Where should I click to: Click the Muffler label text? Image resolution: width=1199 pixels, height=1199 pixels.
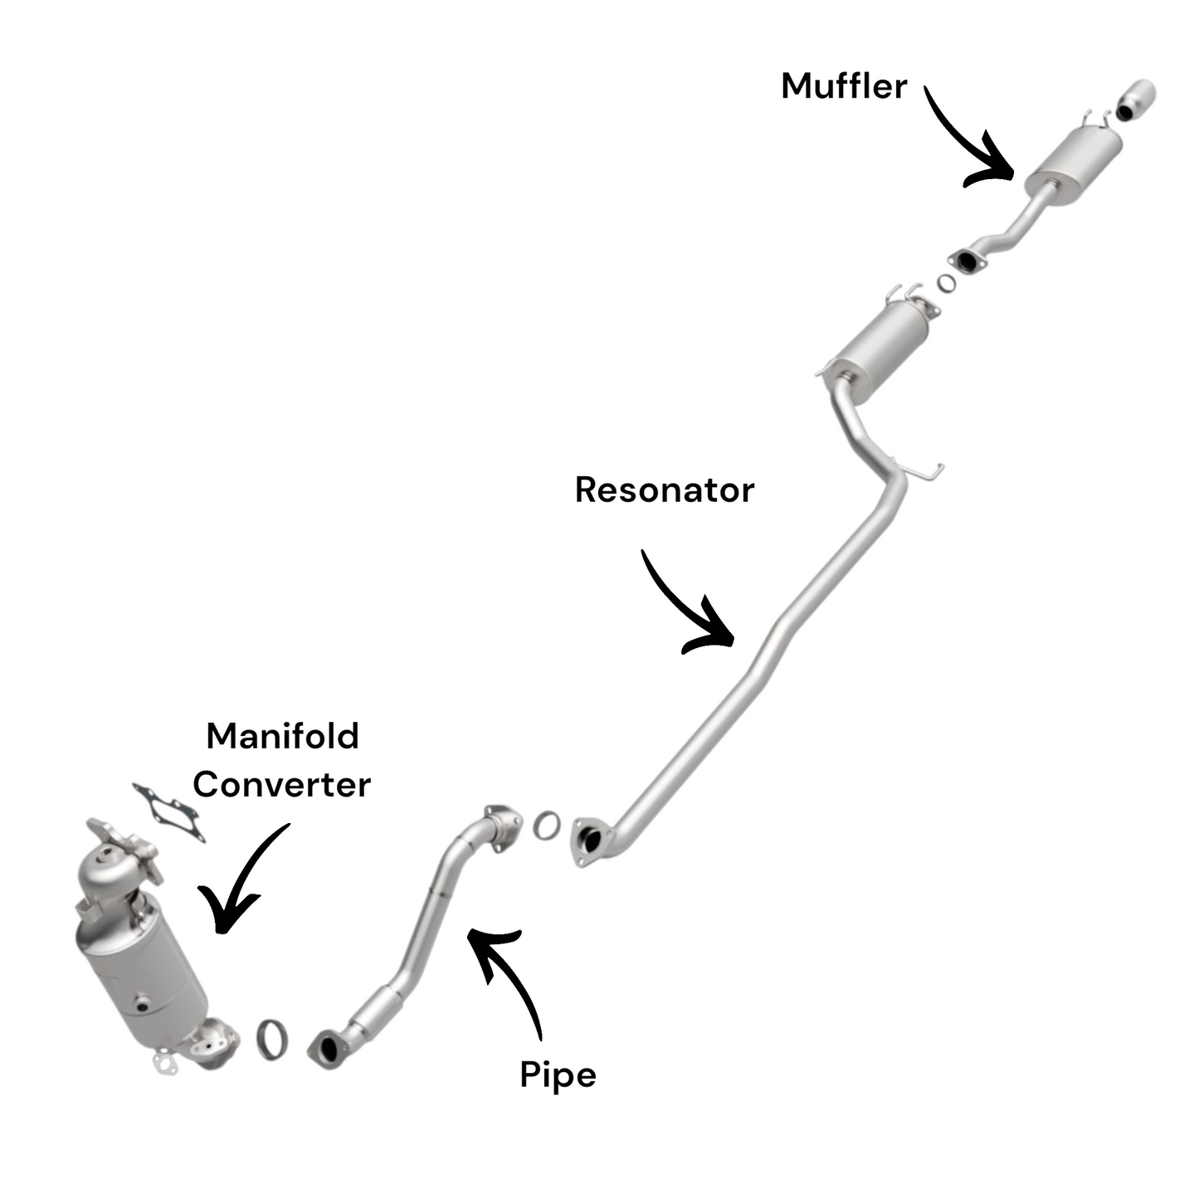coord(844,86)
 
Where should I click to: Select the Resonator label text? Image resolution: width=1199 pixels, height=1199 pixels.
coord(664,490)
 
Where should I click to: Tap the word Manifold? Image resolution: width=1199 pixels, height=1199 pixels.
coord(282,736)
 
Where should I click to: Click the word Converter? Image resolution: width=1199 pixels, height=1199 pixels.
coord(282,784)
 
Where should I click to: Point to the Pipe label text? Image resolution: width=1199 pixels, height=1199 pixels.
coord(558,1075)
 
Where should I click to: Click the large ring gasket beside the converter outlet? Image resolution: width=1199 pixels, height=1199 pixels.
coord(273,1038)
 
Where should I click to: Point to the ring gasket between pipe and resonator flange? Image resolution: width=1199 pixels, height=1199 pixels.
coord(546,825)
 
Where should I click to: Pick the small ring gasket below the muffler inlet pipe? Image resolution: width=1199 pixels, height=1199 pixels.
coord(946,283)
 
